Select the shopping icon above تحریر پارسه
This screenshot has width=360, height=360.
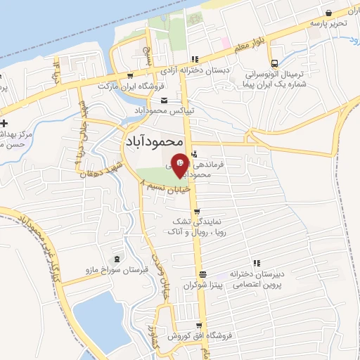click(x=328, y=12)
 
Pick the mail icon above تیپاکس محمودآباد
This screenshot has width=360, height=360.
click(x=164, y=101)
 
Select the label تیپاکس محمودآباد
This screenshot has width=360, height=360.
click(x=163, y=111)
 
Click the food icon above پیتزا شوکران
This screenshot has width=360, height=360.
click(x=202, y=275)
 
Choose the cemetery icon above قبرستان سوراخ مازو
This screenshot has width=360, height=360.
click(x=117, y=258)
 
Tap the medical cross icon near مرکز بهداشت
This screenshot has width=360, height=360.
click(x=5, y=124)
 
